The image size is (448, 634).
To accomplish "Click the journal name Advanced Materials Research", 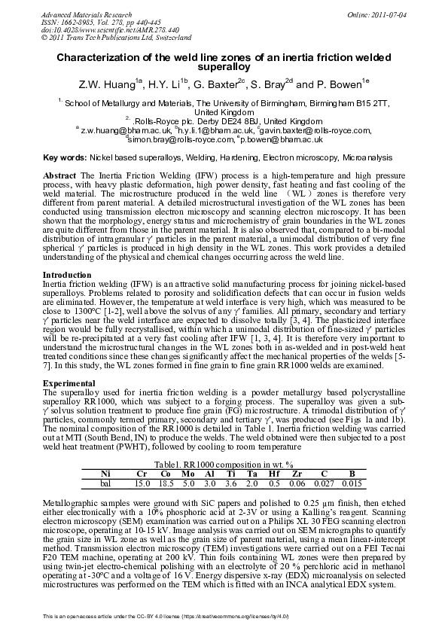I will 79,14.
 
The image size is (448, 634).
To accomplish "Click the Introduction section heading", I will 68,275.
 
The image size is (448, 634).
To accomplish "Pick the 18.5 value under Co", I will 166,483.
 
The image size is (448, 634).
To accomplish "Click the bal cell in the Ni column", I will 105,483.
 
